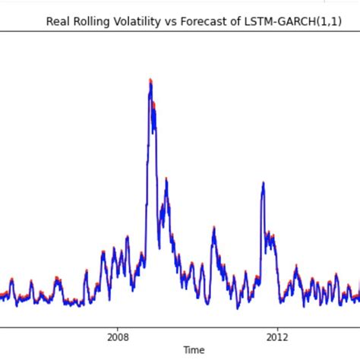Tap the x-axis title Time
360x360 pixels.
click(x=194, y=350)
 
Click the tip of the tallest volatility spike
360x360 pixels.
click(x=150, y=79)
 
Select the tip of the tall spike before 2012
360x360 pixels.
click(x=263, y=182)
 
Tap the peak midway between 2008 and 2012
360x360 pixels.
click(x=214, y=227)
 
